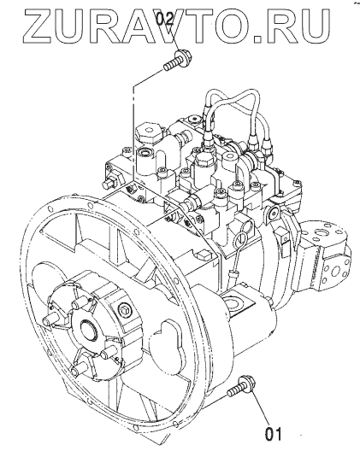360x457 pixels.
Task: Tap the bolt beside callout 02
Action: [177, 62]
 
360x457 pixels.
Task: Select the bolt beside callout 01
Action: [241, 386]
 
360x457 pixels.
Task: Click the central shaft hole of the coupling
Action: [89, 331]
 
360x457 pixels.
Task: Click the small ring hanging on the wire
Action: [240, 238]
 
